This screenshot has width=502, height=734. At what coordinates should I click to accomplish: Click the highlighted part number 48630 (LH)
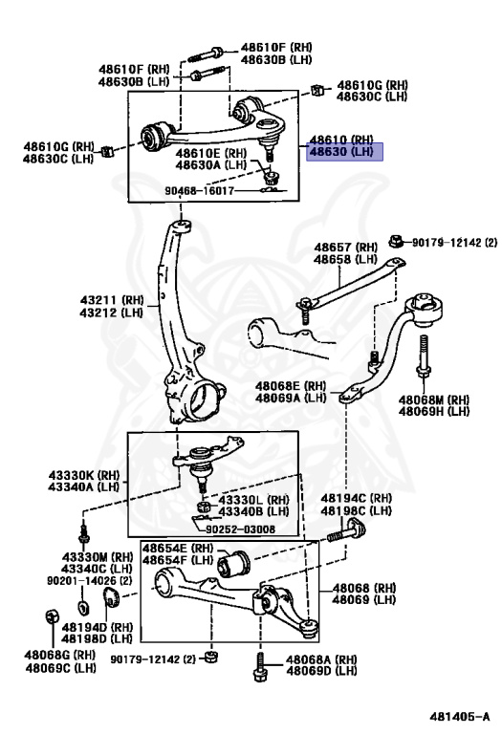click(x=341, y=152)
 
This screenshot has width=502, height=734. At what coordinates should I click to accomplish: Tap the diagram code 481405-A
click(x=460, y=717)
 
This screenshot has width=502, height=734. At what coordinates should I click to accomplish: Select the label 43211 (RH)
click(x=112, y=299)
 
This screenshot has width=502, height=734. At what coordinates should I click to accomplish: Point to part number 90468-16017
click(x=199, y=191)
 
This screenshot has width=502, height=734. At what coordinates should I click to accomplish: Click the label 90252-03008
click(x=240, y=529)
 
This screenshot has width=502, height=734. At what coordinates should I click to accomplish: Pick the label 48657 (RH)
click(x=345, y=248)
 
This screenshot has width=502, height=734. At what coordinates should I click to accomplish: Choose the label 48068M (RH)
click(x=434, y=399)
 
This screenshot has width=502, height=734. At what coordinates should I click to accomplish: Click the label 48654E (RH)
click(x=178, y=548)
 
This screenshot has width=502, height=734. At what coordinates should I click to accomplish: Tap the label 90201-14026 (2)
click(x=90, y=580)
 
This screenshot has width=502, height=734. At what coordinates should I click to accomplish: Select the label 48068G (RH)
click(x=60, y=655)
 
